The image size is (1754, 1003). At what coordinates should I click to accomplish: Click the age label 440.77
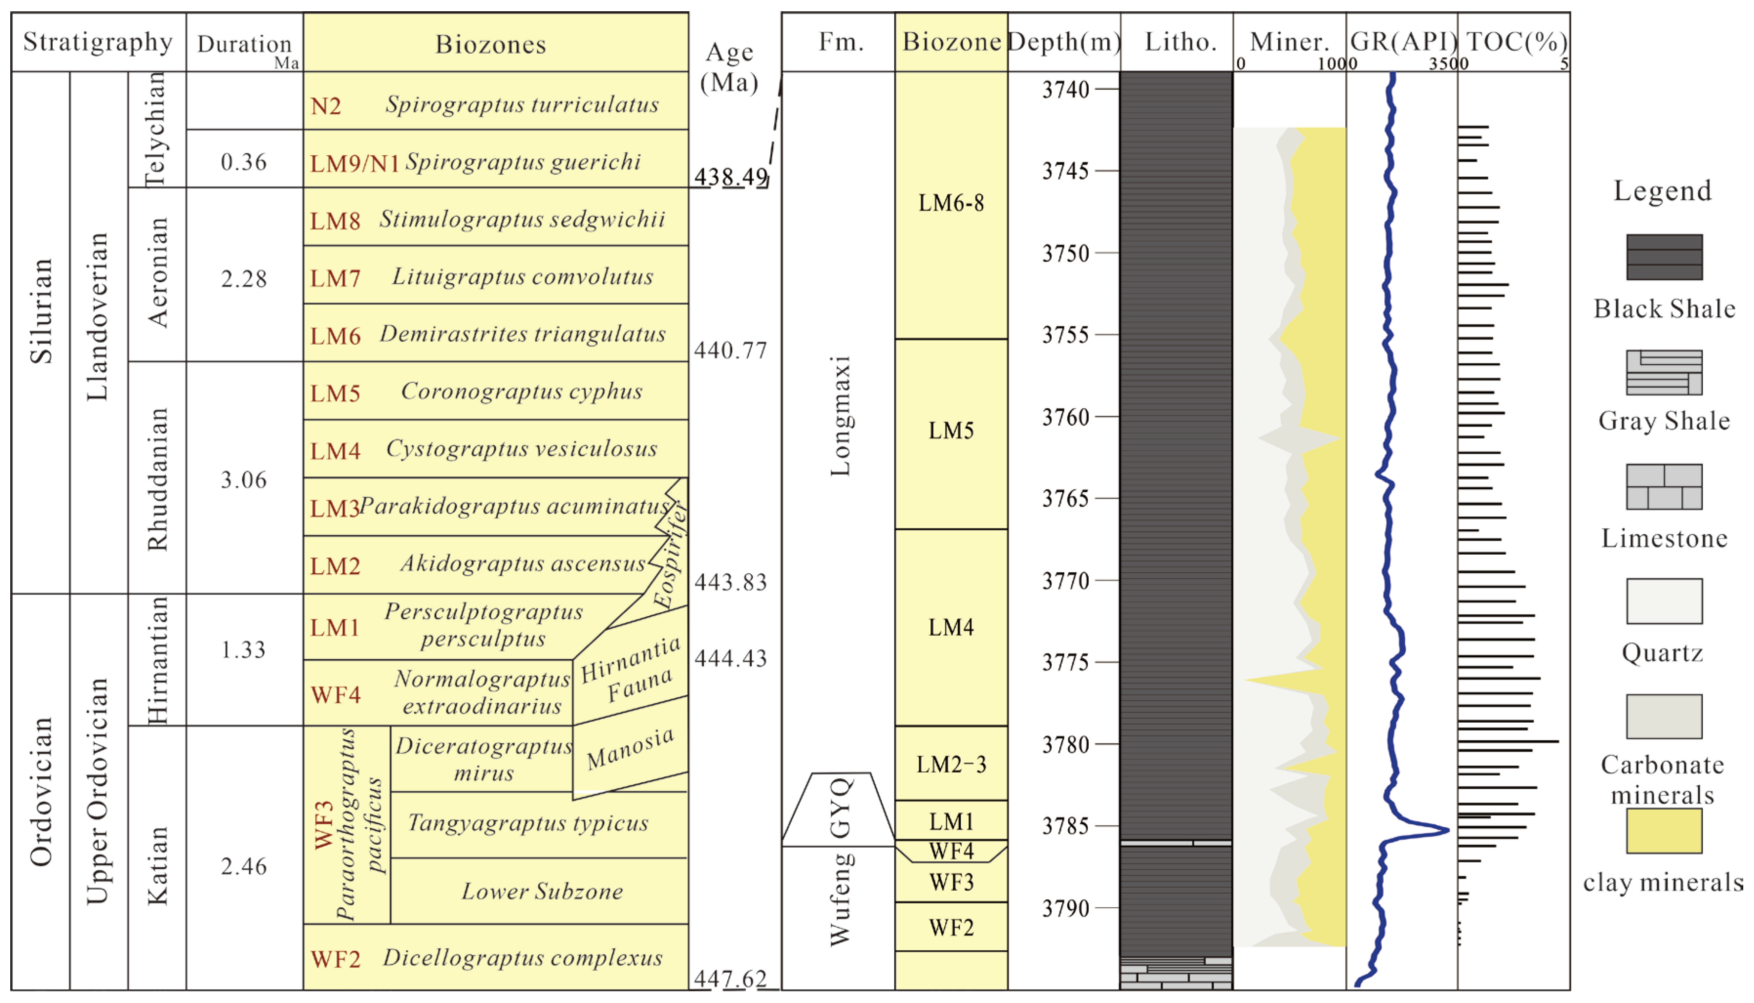pos(730,351)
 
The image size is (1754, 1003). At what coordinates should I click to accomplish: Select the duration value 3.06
pos(243,480)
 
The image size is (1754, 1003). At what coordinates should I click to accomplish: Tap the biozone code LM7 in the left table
pos(335,278)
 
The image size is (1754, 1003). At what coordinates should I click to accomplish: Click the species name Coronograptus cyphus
pos(522,391)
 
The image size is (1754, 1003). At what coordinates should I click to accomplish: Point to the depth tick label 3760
pos(1065,417)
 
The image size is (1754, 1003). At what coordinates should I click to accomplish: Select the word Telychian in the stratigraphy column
pos(156,129)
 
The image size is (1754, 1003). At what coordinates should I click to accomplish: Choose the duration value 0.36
pos(243,163)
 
